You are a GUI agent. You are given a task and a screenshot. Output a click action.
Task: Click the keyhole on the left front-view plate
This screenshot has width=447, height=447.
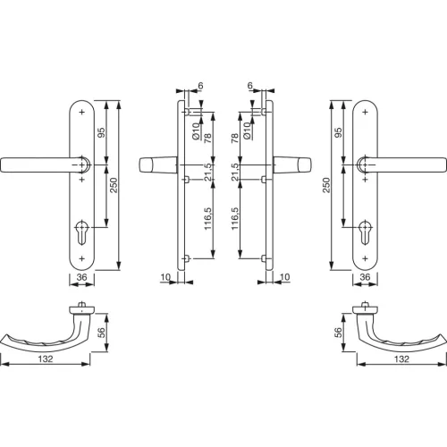coord(82,227)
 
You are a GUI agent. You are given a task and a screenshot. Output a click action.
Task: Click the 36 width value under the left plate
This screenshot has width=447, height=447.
coord(80,278)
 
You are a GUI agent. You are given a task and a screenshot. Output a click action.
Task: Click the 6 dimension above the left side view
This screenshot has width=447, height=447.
coord(200,87)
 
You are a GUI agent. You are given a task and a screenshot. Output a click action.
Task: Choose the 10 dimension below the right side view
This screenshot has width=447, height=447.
coord(283,278)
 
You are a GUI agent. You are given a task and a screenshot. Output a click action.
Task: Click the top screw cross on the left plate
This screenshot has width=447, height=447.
coord(82,112)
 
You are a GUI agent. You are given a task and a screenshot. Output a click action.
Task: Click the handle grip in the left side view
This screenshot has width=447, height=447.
coord(157,166)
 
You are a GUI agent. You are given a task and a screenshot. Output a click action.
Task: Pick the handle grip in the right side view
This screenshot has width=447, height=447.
coord(291,166)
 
